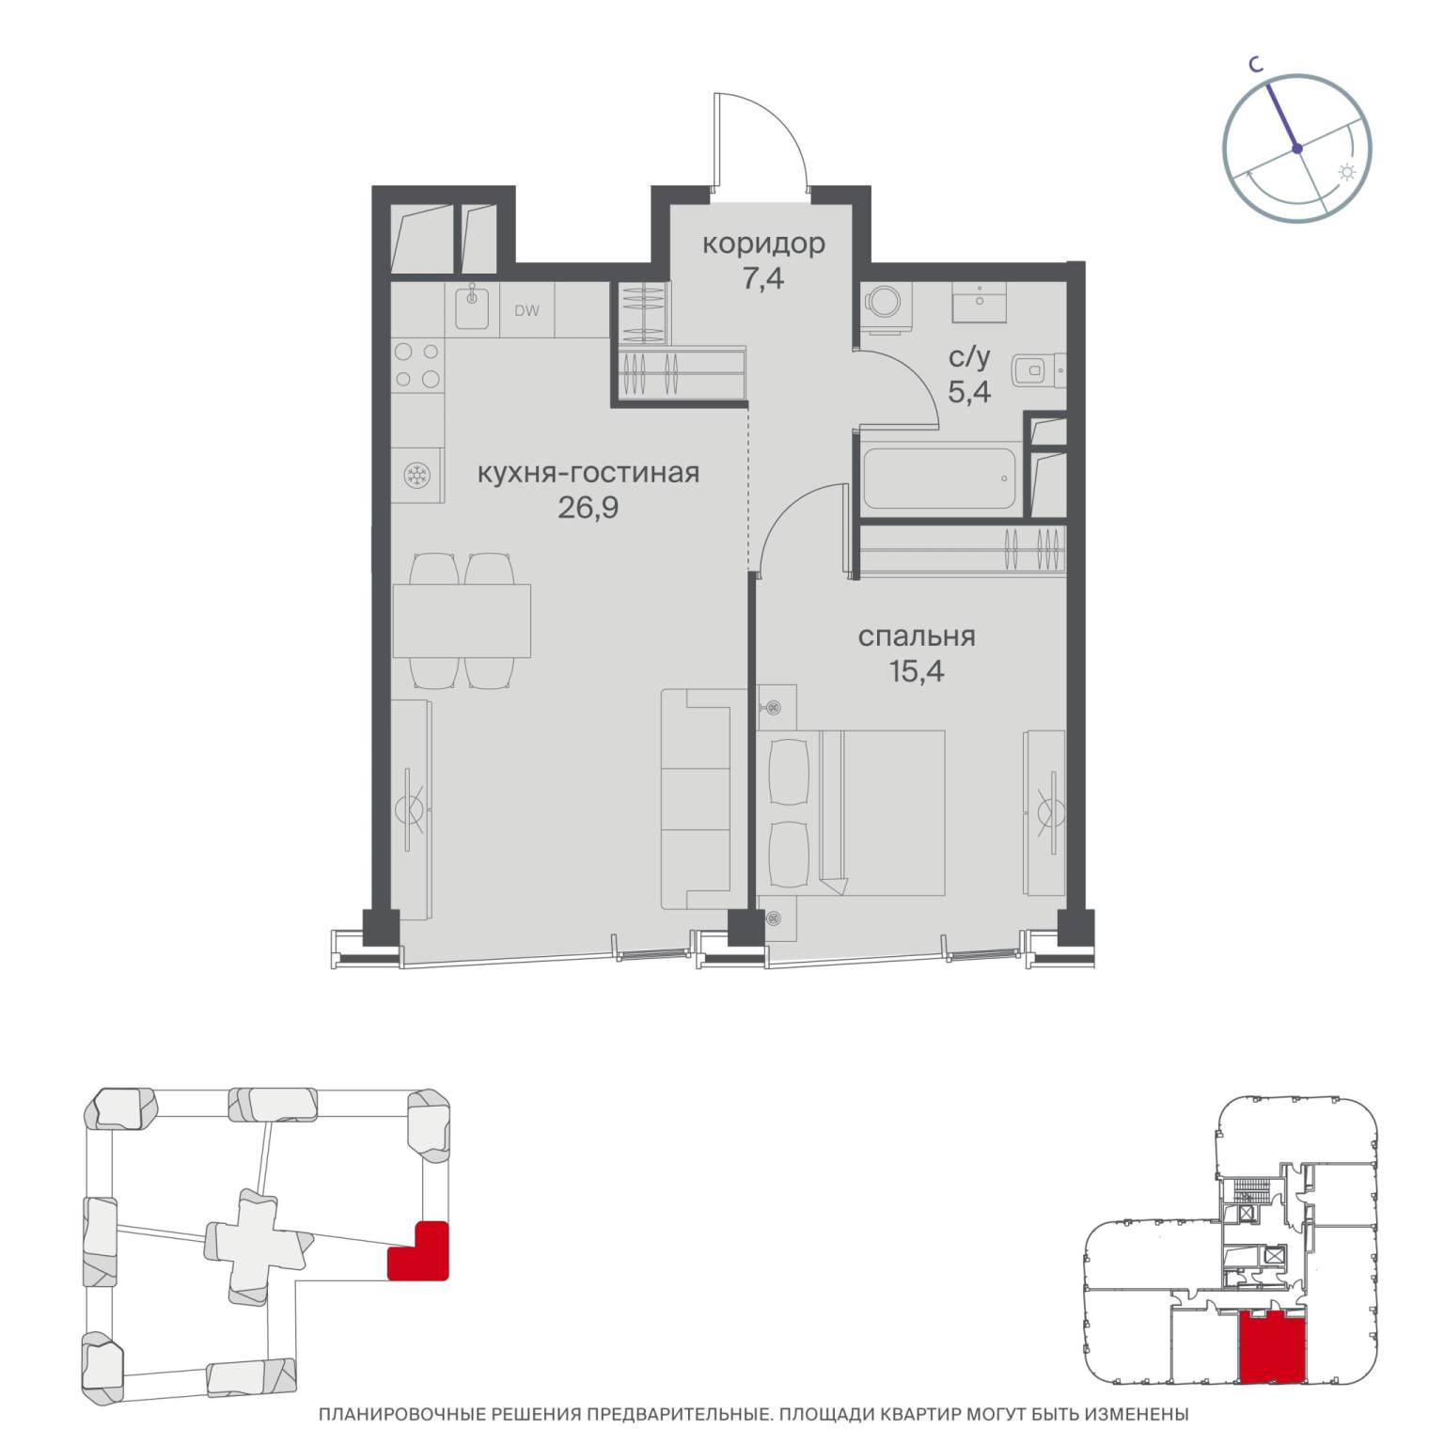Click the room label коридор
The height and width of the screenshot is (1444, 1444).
pos(763,244)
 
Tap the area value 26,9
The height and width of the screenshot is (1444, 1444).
pos(589,509)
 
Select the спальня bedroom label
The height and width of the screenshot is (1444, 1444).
pos(917,637)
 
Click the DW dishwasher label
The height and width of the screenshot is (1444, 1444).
pos(527,310)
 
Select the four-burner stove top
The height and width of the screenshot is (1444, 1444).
pos(417,366)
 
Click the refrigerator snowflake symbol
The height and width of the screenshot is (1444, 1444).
pos(416,477)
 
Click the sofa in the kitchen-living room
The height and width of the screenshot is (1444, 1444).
pos(696,798)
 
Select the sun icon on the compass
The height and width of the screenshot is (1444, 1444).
pos(1347,172)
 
